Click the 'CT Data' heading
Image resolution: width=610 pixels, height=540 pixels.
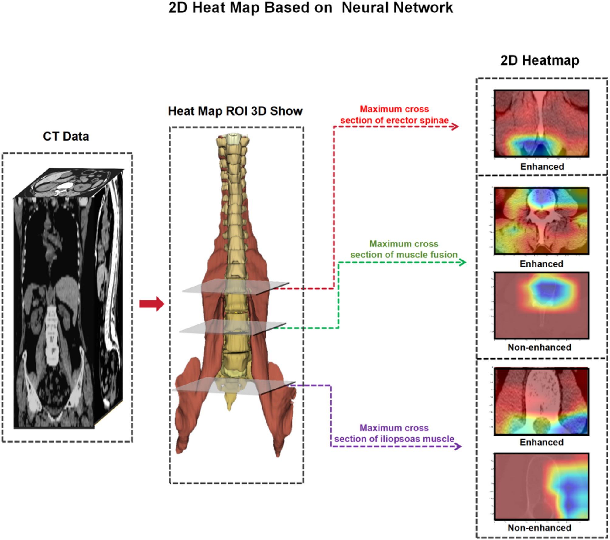[x=66, y=136]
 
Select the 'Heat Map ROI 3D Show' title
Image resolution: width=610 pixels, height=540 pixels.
[x=235, y=111]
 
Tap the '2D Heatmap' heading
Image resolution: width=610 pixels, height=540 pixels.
[x=540, y=60]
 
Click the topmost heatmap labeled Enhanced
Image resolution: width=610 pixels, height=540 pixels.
[x=541, y=123]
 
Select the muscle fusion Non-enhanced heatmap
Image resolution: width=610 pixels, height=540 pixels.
[x=541, y=305]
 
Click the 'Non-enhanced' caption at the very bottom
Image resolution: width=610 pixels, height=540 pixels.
[x=539, y=528]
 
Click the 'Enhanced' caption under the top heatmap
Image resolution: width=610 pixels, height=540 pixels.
[x=542, y=167]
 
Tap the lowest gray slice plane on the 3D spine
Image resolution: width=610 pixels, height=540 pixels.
[x=234, y=386]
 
